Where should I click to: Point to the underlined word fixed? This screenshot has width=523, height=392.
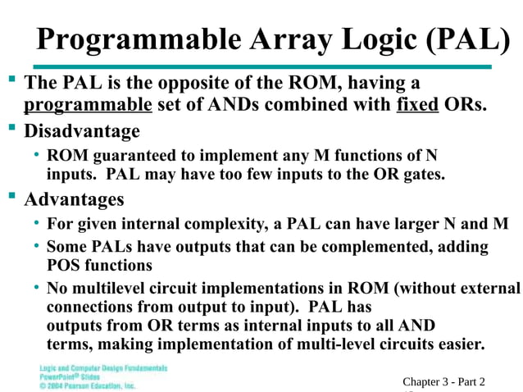pyautogui.click(x=416, y=105)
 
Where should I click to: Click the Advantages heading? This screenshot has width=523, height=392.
pyautogui.click(x=75, y=199)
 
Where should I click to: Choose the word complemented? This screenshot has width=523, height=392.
pyautogui.click(x=385, y=246)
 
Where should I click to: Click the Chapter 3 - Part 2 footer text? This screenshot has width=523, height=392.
pyautogui.click(x=443, y=381)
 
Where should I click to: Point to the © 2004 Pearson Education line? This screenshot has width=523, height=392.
pyautogui.click(x=88, y=385)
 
